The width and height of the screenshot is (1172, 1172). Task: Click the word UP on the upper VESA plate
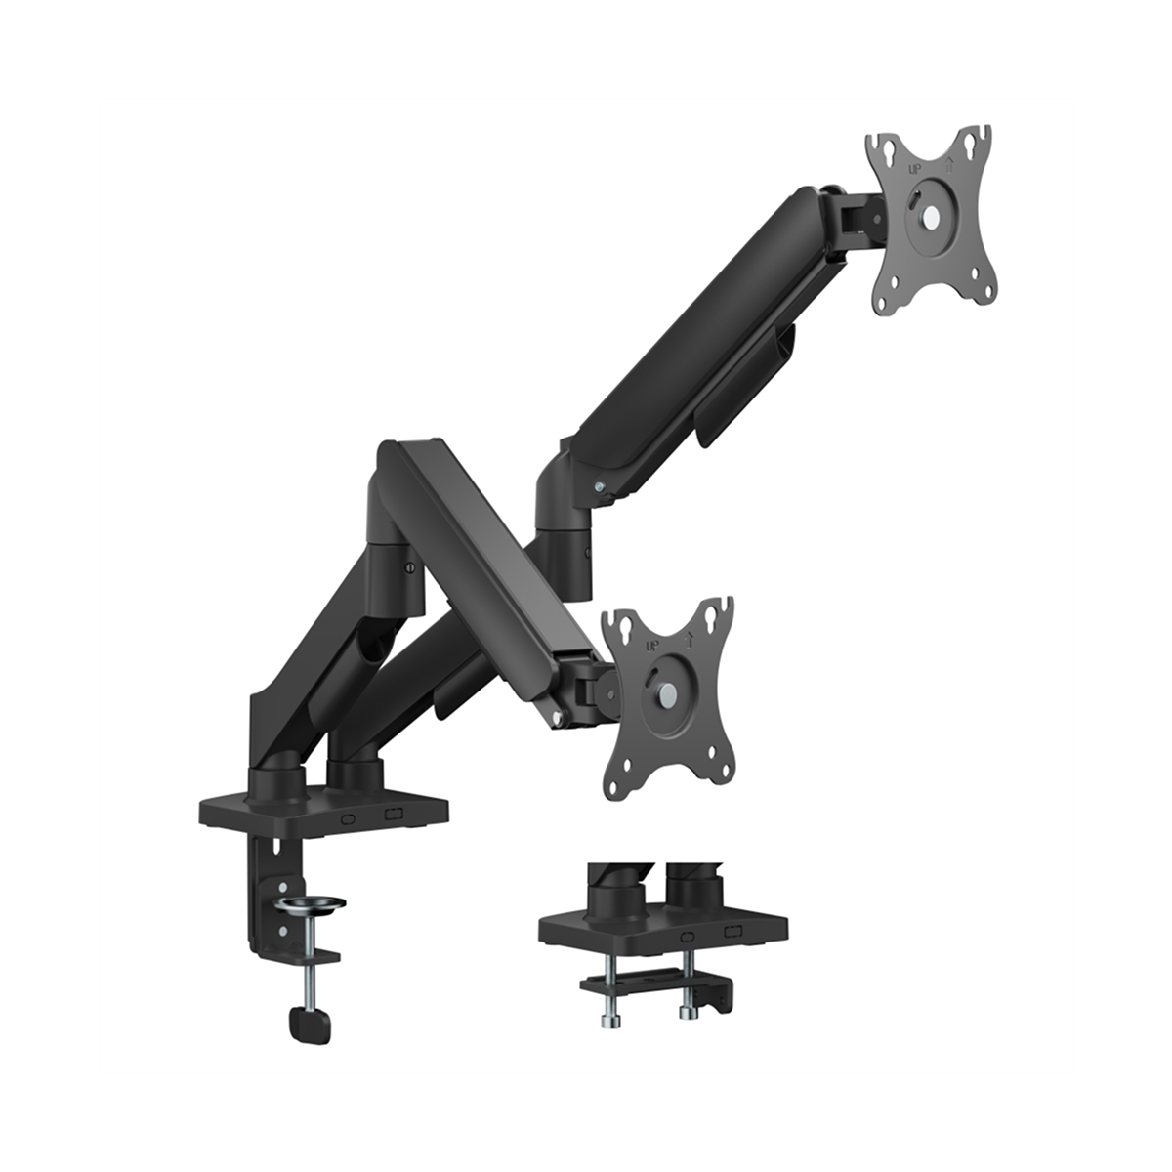(914, 167)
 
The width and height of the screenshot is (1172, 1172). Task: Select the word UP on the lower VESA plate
(650, 646)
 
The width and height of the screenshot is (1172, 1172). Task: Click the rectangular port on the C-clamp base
(394, 814)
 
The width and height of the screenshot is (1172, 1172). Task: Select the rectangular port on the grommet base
(732, 933)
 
